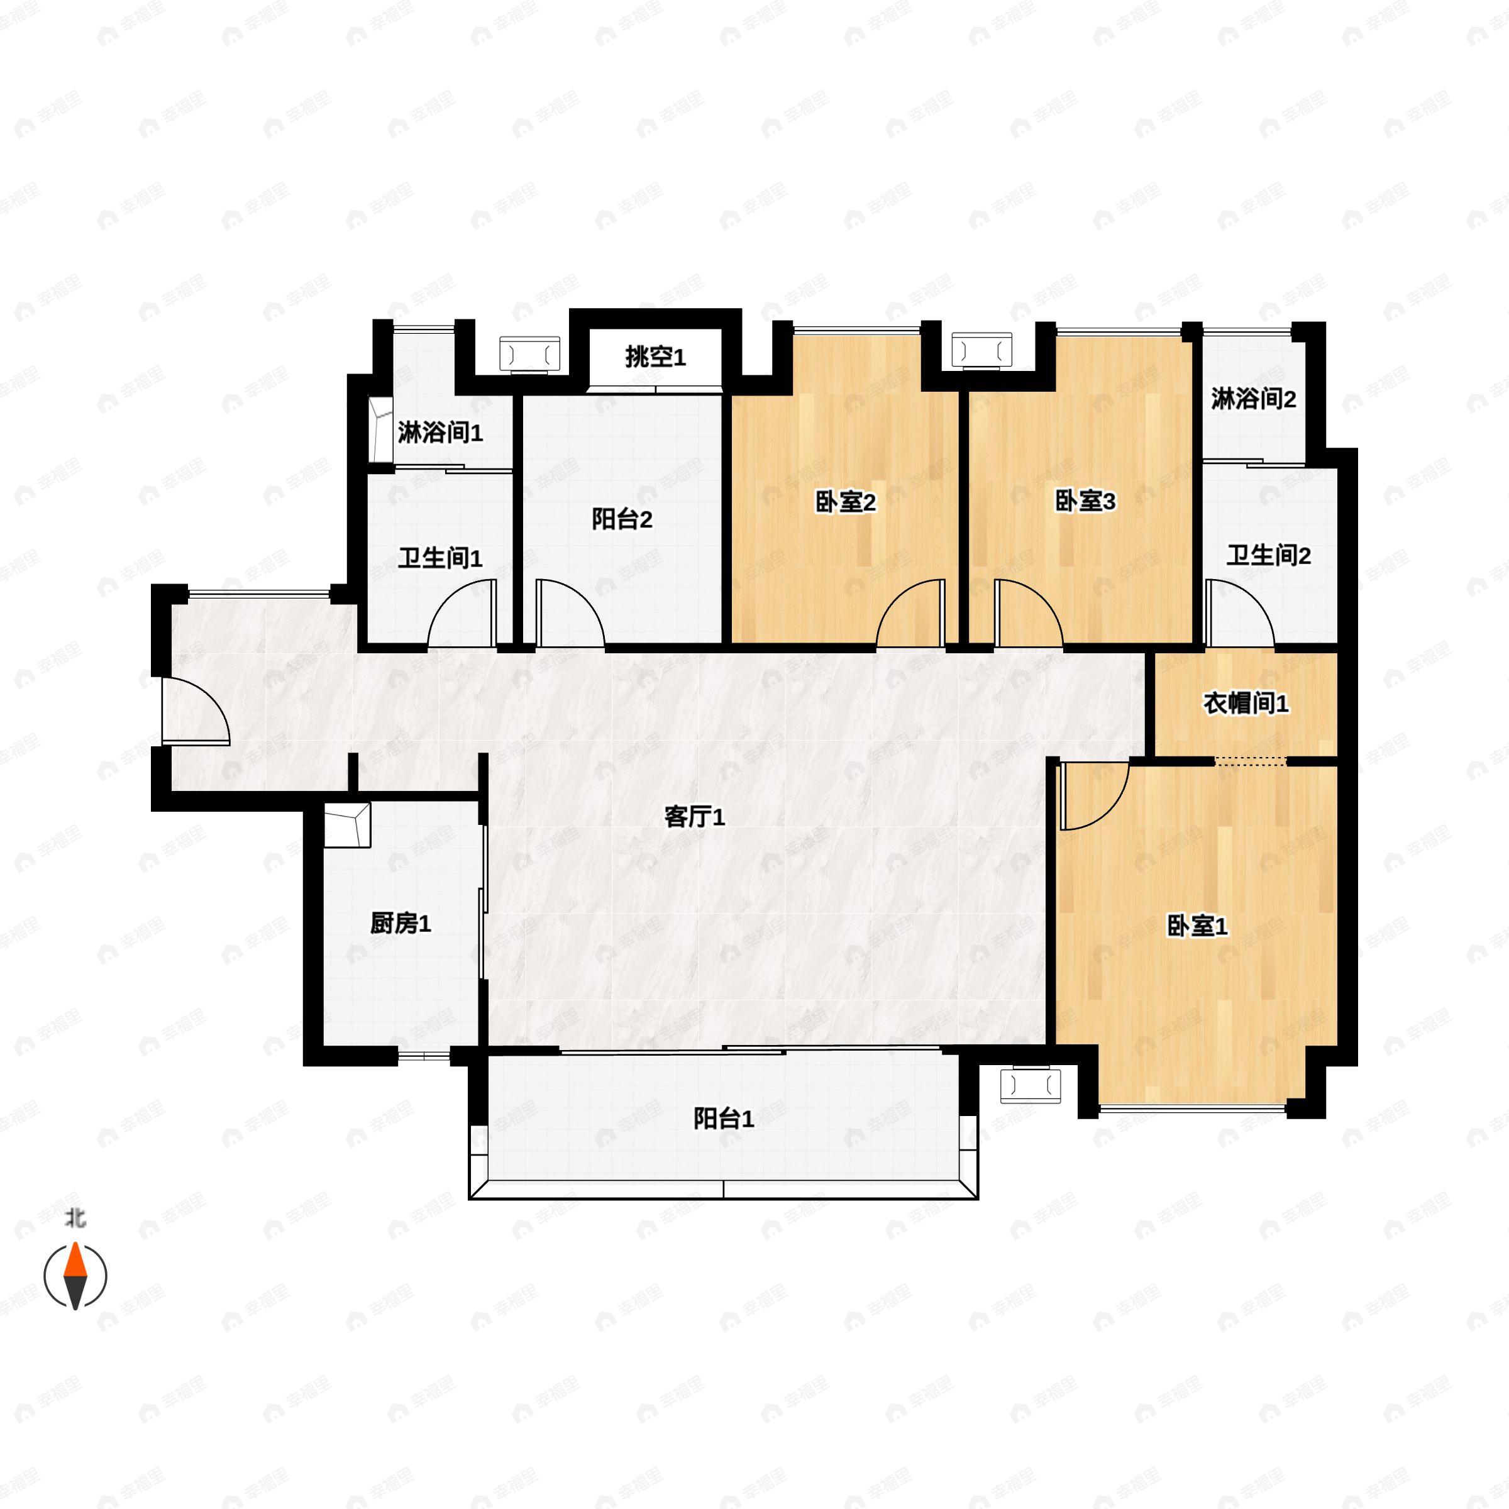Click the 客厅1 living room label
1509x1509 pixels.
click(x=694, y=817)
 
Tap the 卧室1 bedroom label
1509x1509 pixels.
click(x=1197, y=926)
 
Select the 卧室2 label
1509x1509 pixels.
click(x=845, y=502)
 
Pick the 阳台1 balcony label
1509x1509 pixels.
click(x=723, y=1119)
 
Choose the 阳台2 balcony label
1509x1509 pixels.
click(x=622, y=519)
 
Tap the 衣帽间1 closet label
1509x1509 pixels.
click(x=1246, y=703)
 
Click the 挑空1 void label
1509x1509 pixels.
click(x=655, y=357)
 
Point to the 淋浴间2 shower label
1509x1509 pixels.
click(x=1254, y=399)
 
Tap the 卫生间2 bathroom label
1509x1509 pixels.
click(x=1268, y=555)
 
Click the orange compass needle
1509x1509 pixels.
click(x=75, y=1261)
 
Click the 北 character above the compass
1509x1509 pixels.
click(x=75, y=1218)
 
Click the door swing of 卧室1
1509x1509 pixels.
click(x=1093, y=797)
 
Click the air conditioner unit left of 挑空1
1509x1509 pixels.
click(x=529, y=355)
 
